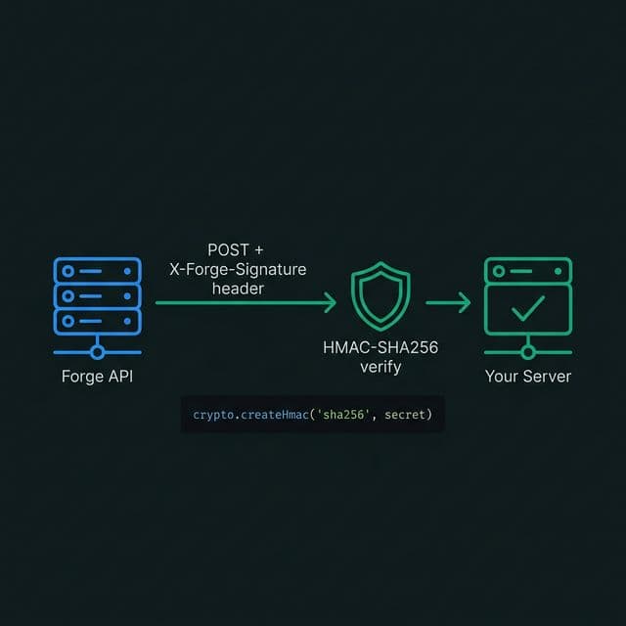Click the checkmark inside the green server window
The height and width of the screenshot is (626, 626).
tap(528, 311)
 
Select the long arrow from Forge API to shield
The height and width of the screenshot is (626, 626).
tap(245, 304)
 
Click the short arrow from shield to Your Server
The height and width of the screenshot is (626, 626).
tap(448, 304)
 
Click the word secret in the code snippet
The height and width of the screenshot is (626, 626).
tap(405, 416)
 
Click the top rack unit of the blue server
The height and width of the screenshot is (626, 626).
tap(97, 270)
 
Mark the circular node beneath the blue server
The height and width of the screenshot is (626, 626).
tap(97, 352)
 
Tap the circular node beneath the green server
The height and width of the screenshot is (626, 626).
tap(528, 352)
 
